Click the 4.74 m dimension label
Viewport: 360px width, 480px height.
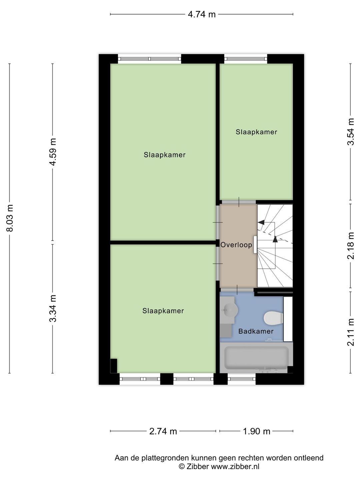pyautogui.click(x=202, y=14)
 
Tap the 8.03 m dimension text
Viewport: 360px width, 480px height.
pyautogui.click(x=10, y=218)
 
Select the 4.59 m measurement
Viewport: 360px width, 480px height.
pyautogui.click(x=53, y=152)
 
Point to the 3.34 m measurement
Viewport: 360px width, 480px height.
pyautogui.click(x=53, y=308)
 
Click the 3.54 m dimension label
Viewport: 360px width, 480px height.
pyautogui.click(x=351, y=132)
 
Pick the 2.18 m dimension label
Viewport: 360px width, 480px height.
pyautogui.click(x=351, y=246)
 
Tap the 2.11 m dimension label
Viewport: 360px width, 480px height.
pyautogui.click(x=351, y=332)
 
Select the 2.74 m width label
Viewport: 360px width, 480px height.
pyautogui.click(x=163, y=431)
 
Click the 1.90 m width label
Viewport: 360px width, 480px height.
pyautogui.click(x=256, y=431)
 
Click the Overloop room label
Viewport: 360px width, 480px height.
pyautogui.click(x=236, y=245)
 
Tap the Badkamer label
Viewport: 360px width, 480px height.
pyautogui.click(x=256, y=331)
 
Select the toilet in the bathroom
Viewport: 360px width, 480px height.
pyautogui.click(x=272, y=318)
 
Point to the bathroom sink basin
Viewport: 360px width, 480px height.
pyautogui.click(x=229, y=310)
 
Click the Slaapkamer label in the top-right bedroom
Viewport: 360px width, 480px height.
pyautogui.click(x=256, y=132)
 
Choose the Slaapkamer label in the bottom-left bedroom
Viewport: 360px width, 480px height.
pyautogui.click(x=163, y=311)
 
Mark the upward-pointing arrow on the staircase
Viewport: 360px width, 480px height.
pyautogui.click(x=275, y=239)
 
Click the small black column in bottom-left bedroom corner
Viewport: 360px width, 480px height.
pyautogui.click(x=114, y=366)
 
